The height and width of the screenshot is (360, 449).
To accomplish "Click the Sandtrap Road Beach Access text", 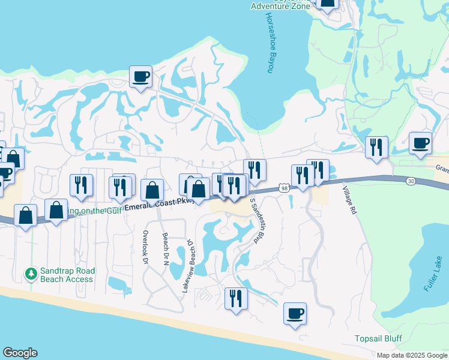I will [66, 275].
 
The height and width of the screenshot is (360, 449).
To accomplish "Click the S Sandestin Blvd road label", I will [257, 220].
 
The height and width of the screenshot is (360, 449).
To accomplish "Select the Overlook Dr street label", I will [145, 247].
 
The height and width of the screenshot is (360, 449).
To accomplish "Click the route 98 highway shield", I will [284, 188].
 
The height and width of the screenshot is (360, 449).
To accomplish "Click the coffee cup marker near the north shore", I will [141, 77].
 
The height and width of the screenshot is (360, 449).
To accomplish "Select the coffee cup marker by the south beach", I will [295, 313].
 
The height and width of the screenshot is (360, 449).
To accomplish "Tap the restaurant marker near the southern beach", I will [236, 298].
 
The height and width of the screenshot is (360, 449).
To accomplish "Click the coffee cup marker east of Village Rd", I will [420, 143].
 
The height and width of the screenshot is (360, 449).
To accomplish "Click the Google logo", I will [20, 353].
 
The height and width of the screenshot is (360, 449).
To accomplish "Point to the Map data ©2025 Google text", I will [412, 355].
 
